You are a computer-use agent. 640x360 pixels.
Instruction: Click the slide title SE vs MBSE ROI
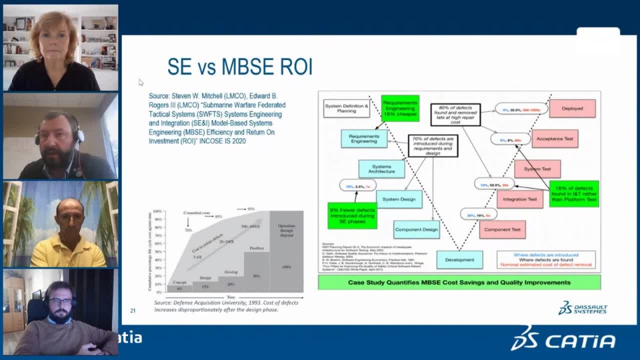pos(239,67)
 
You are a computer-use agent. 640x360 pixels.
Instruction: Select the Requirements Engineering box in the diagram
pos(364,138)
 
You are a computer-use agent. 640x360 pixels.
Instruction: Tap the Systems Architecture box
pos(381,169)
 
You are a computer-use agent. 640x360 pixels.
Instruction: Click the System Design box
pos(399,199)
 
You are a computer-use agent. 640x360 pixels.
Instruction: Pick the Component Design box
pos(417,229)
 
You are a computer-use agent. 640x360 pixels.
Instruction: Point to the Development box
pos(459,259)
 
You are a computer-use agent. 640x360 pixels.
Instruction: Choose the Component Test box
pos(502,229)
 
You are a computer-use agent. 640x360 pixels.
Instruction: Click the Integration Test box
pos(519,199)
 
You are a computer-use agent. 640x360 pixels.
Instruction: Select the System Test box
pos(537,169)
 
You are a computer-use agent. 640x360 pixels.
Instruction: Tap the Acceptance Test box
pos(555,138)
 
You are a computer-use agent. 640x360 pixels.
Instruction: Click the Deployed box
pos(572,108)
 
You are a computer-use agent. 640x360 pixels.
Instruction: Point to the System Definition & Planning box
pos(346,108)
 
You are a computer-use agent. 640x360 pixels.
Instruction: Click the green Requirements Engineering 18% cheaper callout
pos(400,108)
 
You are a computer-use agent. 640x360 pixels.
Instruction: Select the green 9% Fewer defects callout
pos(353,215)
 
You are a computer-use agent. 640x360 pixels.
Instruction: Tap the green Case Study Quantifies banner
pos(459,282)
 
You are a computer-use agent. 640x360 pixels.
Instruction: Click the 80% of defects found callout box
pos(461,115)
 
